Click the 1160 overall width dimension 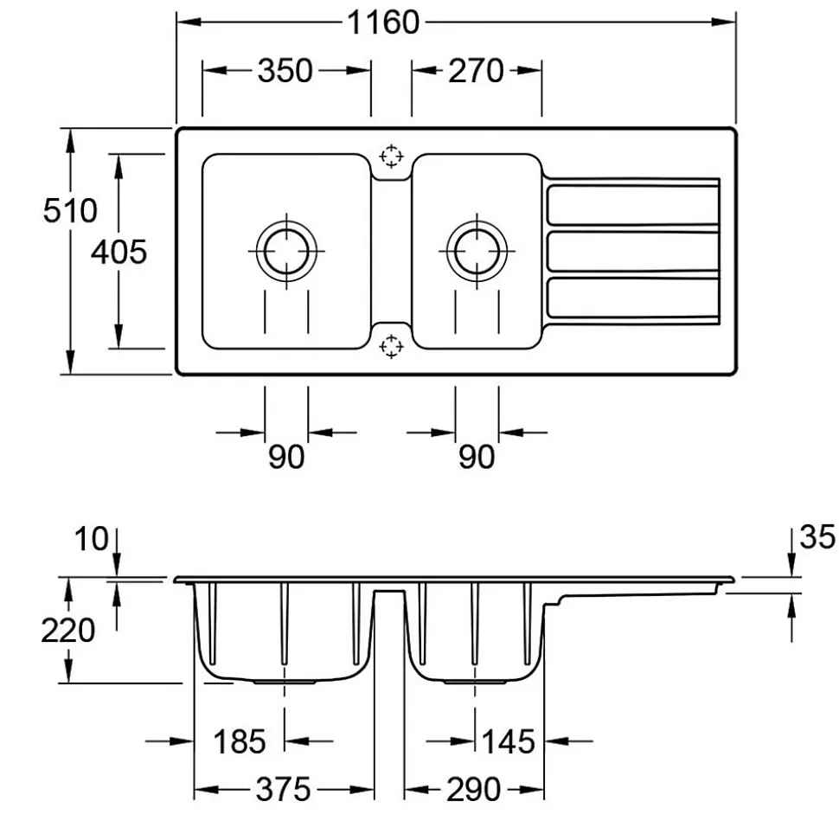pos(382,23)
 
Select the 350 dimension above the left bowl pos(285,71)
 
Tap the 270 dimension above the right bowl pos(475,71)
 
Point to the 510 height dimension pos(71,210)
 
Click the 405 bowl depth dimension pos(118,252)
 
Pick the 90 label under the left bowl pos(285,456)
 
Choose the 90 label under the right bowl pos(476,456)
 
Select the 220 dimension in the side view pos(68,631)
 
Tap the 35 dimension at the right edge pos(817,538)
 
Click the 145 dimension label pos(508,741)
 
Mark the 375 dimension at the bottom pos(284,789)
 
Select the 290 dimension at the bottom pos(474,789)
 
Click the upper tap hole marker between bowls pos(392,156)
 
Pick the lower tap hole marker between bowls pos(392,346)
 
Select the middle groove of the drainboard pos(633,252)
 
